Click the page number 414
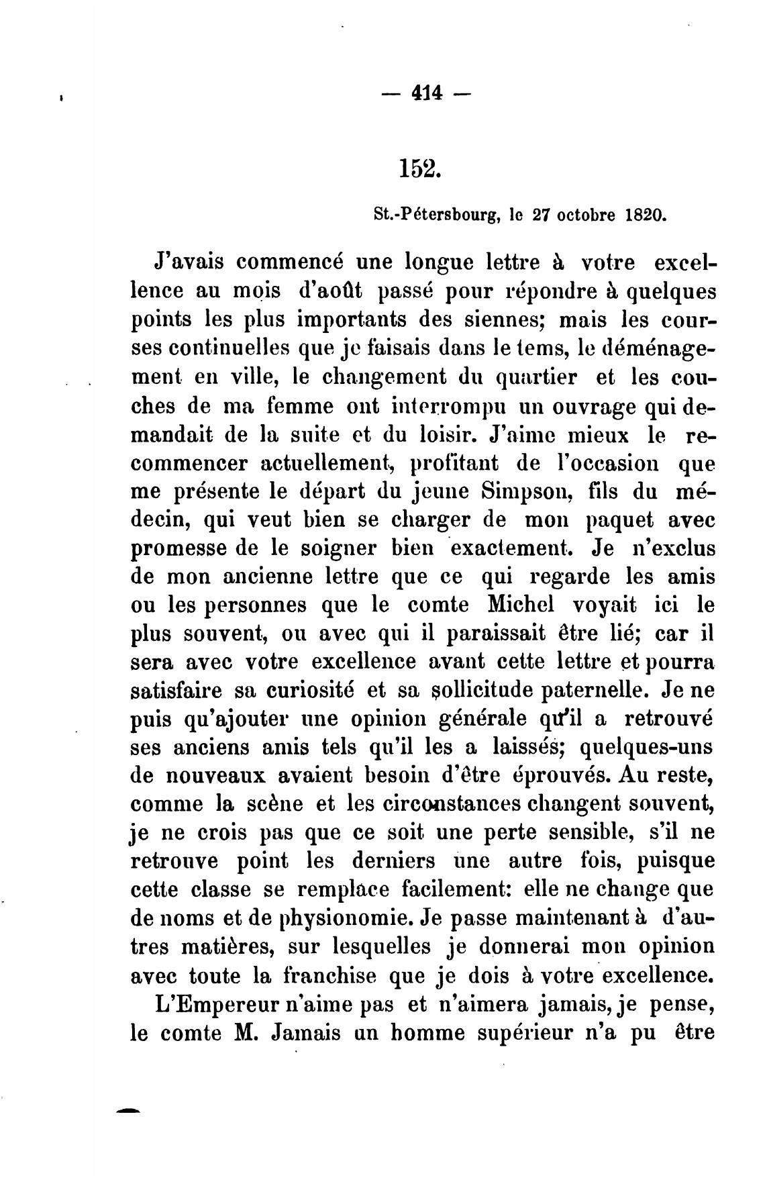click(x=426, y=93)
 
